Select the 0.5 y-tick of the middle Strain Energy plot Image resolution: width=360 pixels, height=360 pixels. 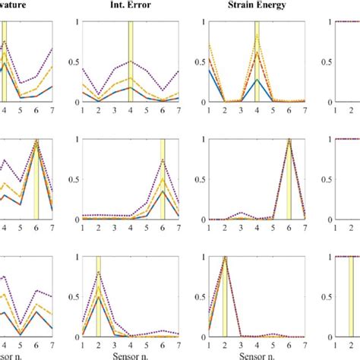click(198, 179)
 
